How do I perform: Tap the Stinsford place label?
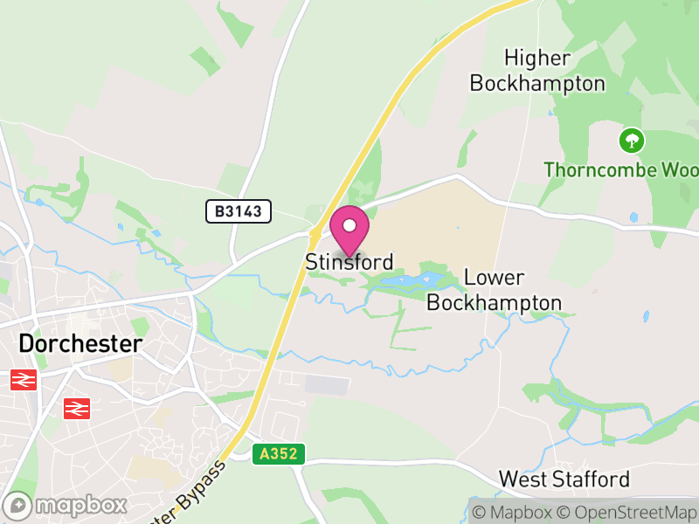point(349,262)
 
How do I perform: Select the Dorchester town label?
point(80,343)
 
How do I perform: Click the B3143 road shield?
point(239,211)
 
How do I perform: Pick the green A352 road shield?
point(279,454)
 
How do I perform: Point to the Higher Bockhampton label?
point(537,71)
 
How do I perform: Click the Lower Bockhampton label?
point(495,290)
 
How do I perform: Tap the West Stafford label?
point(564,479)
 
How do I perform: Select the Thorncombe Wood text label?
point(620,169)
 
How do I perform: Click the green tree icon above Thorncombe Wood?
point(631,140)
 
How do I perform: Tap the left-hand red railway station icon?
point(24,380)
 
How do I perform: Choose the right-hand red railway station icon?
point(77,407)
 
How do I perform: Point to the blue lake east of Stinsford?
point(411,281)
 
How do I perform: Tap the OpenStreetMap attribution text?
point(626,512)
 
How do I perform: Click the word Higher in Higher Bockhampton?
point(537,59)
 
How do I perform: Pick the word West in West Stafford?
point(523,479)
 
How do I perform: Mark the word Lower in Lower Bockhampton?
point(495,278)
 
